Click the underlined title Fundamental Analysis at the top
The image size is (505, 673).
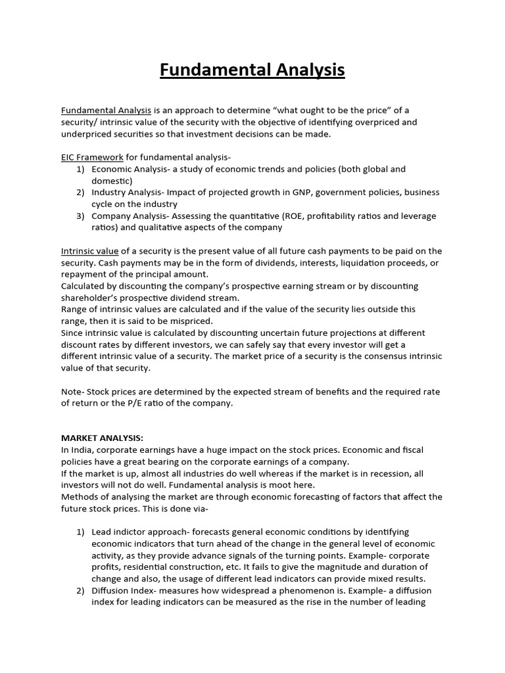pyautogui.click(x=252, y=70)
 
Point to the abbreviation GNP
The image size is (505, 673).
pyautogui.click(x=306, y=192)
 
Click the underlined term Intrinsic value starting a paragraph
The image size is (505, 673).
pyautogui.click(x=89, y=250)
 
